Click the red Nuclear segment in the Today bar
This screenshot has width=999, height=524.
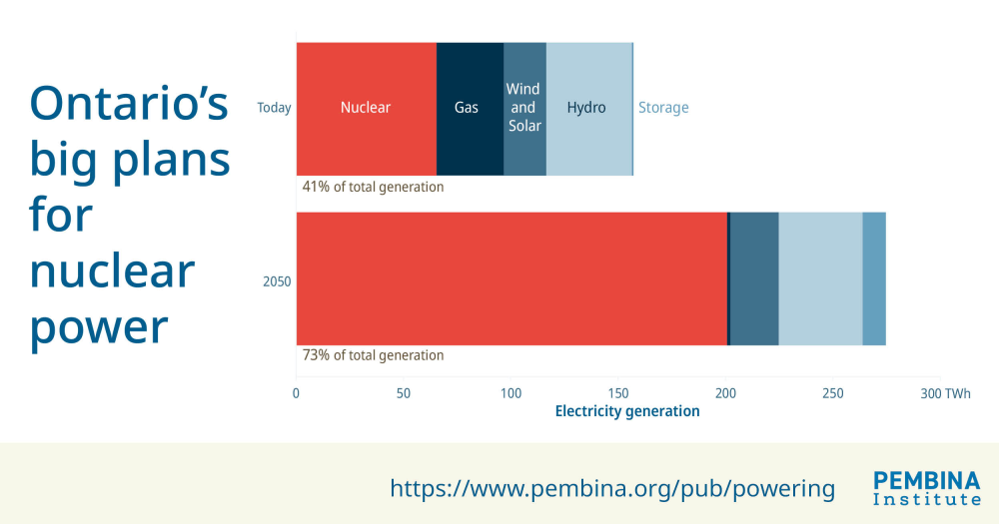(x=366, y=108)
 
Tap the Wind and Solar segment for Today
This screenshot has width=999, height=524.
(x=524, y=108)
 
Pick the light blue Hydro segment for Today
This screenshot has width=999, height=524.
(x=587, y=108)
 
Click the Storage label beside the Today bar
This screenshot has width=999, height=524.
(x=663, y=108)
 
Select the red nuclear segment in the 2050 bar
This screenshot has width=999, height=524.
(x=511, y=279)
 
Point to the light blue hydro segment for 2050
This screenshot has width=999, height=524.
(x=820, y=279)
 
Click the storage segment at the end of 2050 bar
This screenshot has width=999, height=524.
(x=874, y=279)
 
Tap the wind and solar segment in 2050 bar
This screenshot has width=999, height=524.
(x=754, y=279)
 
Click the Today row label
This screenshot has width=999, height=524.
(x=274, y=108)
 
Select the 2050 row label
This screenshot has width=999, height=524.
(x=277, y=281)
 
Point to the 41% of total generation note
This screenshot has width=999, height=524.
(x=373, y=187)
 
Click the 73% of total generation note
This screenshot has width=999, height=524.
(x=373, y=355)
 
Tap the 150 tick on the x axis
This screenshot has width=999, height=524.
(x=618, y=393)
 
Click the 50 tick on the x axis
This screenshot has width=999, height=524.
(x=404, y=393)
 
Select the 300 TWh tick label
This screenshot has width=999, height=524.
(x=945, y=393)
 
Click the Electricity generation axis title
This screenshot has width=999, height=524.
(x=627, y=411)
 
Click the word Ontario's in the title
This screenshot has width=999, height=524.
(x=129, y=103)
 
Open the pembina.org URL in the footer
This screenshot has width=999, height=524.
(x=611, y=488)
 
